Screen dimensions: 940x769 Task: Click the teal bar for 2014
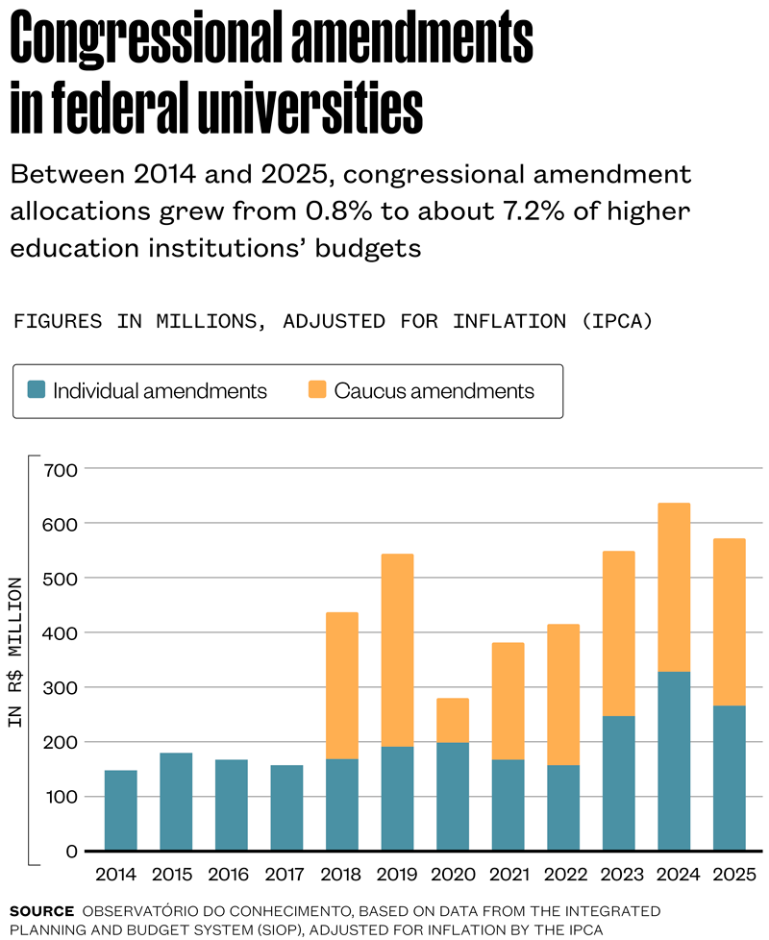click(x=120, y=810)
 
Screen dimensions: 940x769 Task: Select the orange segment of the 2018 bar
click(x=341, y=685)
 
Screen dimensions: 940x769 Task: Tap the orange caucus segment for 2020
click(x=452, y=720)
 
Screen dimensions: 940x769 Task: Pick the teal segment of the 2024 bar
click(x=674, y=761)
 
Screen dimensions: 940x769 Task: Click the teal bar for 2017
click(x=286, y=807)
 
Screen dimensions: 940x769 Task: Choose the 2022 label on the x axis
click(x=563, y=876)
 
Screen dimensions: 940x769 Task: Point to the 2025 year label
click(x=730, y=876)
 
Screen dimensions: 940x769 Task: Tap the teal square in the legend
click(x=37, y=390)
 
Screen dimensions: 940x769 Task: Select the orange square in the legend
click(x=317, y=390)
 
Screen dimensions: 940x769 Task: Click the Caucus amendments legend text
click(x=434, y=391)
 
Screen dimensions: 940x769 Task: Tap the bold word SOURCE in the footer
click(x=41, y=909)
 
